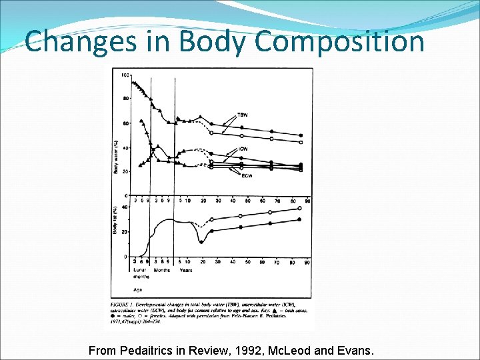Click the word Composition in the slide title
tap(339, 41)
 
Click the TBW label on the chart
tap(244, 115)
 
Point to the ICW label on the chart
tap(245, 149)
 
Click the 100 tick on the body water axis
tap(125, 75)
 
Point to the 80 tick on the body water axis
tap(125, 99)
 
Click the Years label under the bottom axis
tap(186, 270)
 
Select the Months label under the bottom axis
tap(161, 270)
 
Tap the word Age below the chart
tap(136, 290)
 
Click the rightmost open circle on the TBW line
tap(301, 142)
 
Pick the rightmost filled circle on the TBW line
tap(301, 135)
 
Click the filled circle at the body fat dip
tap(201, 242)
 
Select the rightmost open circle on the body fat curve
tap(299, 208)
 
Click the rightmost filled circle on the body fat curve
tap(299, 219)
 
